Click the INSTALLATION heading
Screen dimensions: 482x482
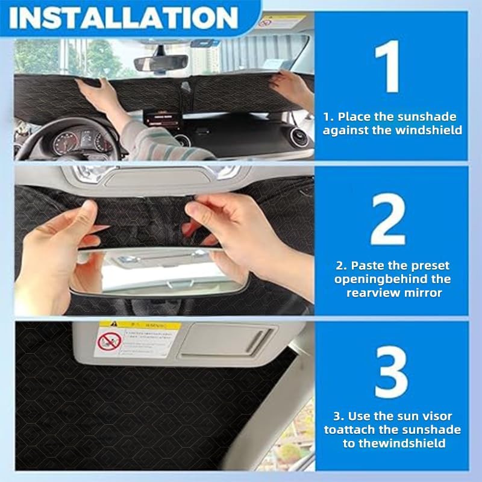(x=124, y=17)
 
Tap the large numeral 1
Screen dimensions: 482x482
(x=387, y=66)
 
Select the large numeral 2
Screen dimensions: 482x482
(x=388, y=219)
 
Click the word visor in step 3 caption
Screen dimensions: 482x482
(x=436, y=416)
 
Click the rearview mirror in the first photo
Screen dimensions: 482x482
(x=160, y=63)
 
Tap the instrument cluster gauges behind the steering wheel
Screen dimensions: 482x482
(x=83, y=142)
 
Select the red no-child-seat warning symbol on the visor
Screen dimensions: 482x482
(x=110, y=341)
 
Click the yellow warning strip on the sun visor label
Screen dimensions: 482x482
(x=140, y=325)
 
